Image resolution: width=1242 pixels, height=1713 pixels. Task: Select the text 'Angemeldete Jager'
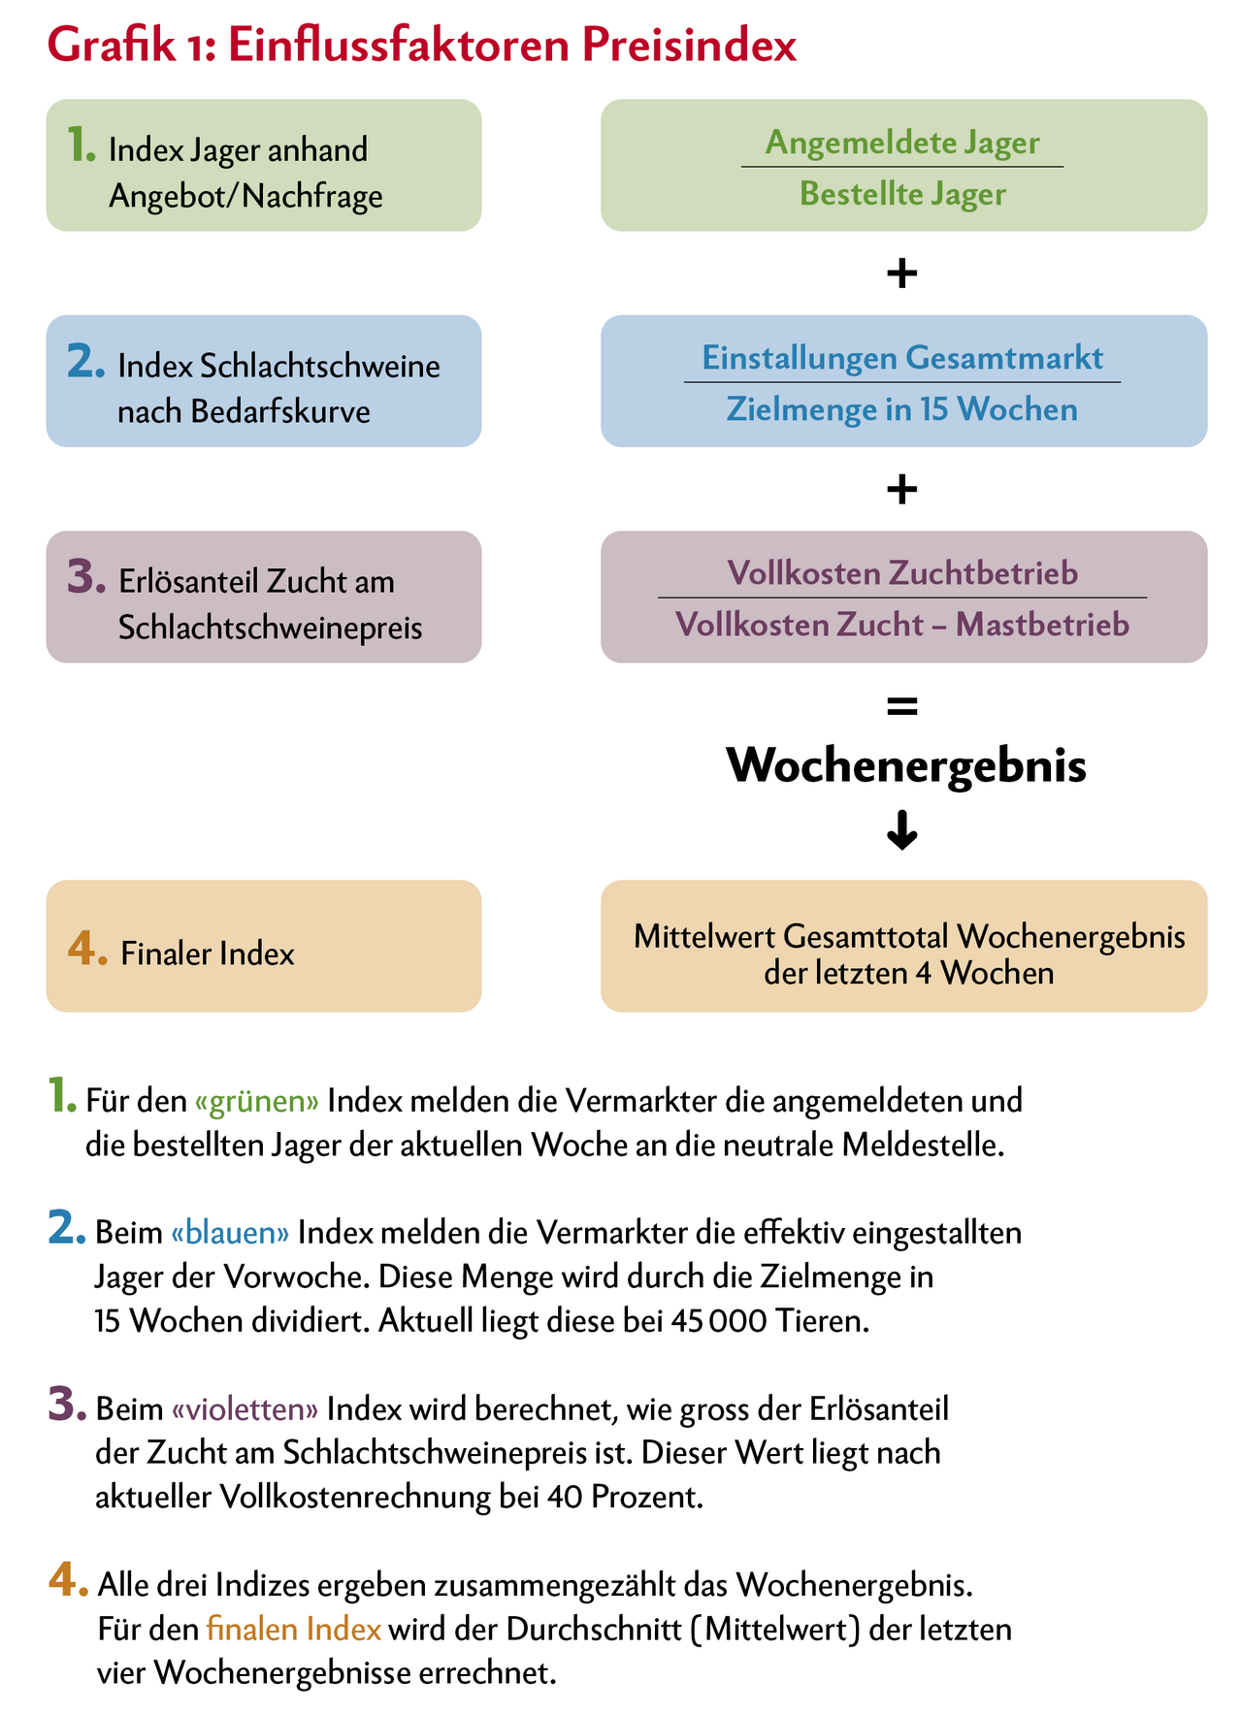pyautogui.click(x=902, y=143)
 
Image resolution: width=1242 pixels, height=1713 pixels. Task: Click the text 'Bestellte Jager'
pyautogui.click(x=902, y=194)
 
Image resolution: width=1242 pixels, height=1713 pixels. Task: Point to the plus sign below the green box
pyautogui.click(x=902, y=274)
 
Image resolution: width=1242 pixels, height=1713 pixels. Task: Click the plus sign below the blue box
pyautogui.click(x=902, y=489)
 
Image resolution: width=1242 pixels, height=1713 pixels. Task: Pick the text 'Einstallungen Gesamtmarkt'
pyautogui.click(x=902, y=358)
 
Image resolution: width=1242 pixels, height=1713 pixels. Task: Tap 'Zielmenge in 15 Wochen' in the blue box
pyautogui.click(x=902, y=409)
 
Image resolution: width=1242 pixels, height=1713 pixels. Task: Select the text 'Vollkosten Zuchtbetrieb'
pyautogui.click(x=902, y=573)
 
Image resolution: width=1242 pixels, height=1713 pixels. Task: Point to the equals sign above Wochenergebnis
pyautogui.click(x=902, y=707)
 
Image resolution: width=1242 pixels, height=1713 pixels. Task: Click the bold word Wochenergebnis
pyautogui.click(x=906, y=765)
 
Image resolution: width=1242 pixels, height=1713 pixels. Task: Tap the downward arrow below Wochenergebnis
pyautogui.click(x=902, y=831)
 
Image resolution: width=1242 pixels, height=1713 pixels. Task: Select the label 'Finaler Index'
pyautogui.click(x=208, y=954)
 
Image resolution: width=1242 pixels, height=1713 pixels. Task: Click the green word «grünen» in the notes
pyautogui.click(x=256, y=1101)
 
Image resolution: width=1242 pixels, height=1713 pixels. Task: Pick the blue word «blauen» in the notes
pyautogui.click(x=230, y=1233)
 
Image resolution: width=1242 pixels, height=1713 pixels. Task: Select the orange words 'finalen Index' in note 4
pyautogui.click(x=294, y=1629)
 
